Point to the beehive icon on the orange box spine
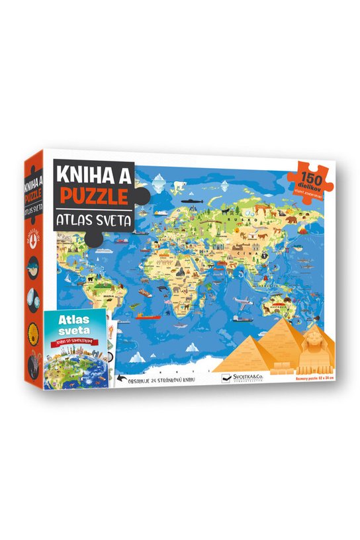(32, 331)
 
